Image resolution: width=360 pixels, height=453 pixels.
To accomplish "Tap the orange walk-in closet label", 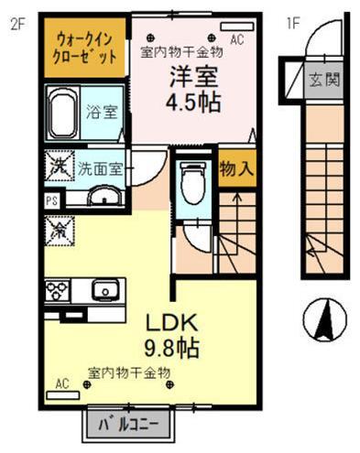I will (x=85, y=49).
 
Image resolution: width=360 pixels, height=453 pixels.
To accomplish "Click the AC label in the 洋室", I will (x=237, y=39).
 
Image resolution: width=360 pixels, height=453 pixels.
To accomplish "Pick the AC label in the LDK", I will (x=63, y=383).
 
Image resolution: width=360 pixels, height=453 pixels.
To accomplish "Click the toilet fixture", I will (x=192, y=183).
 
